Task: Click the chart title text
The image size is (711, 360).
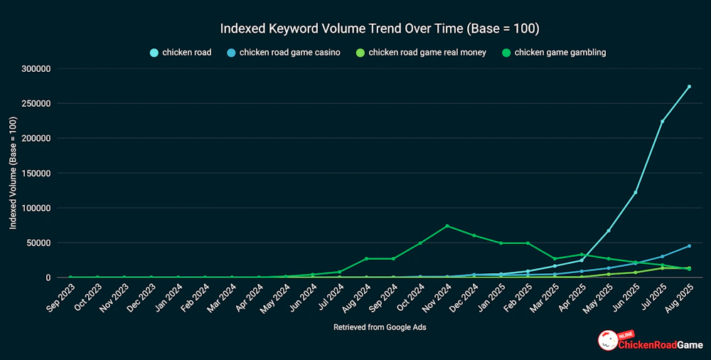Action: tap(380, 29)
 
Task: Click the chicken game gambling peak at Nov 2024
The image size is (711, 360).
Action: tap(447, 226)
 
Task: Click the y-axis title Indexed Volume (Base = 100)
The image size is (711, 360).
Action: tap(13, 173)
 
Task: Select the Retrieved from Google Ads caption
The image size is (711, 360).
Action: tap(379, 327)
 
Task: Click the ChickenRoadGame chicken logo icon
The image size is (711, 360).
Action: tap(607, 340)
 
